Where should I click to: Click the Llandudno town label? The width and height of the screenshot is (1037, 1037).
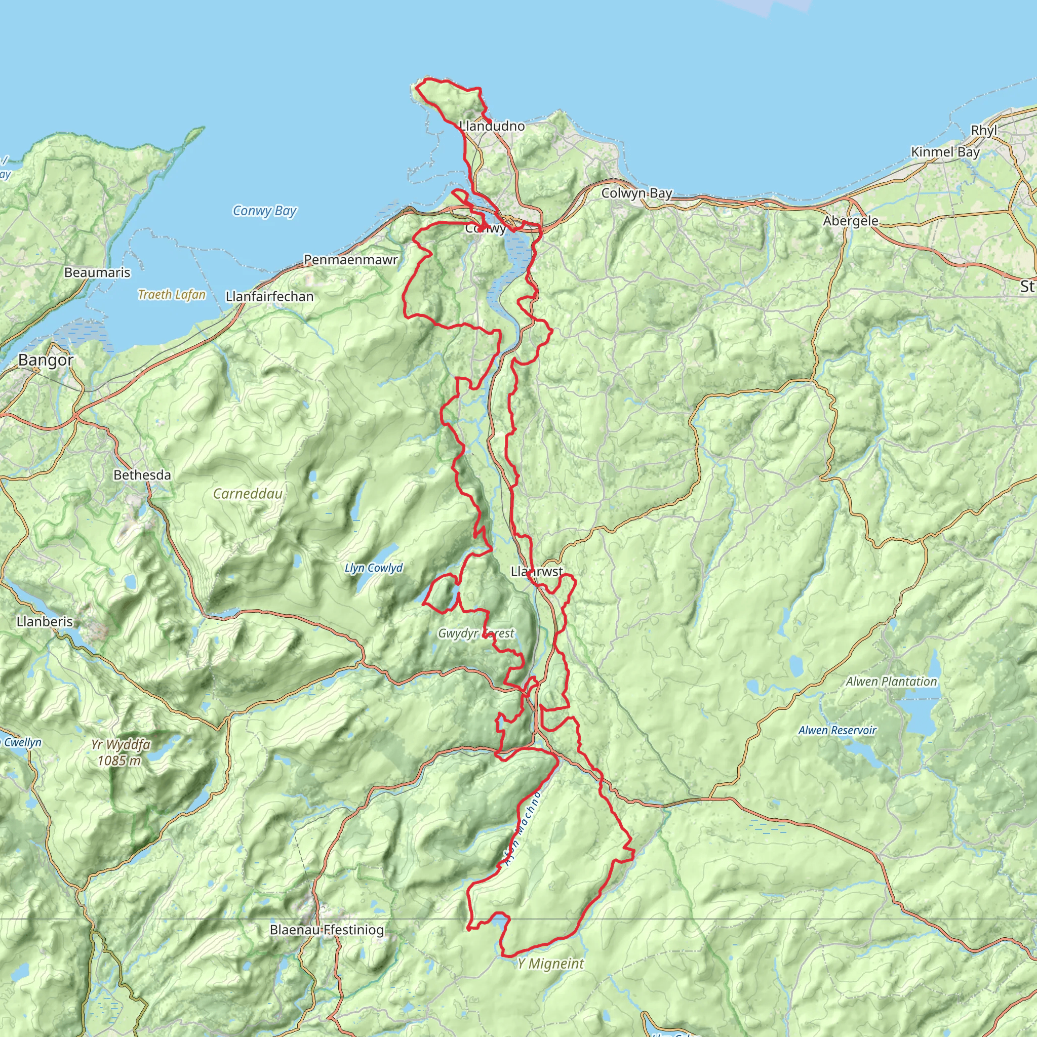492,126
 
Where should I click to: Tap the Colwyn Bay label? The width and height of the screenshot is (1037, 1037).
636,193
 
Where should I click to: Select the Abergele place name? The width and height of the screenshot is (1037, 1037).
851,221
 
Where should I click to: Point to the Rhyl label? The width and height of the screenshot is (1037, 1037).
984,131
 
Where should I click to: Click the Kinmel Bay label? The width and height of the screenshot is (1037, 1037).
945,152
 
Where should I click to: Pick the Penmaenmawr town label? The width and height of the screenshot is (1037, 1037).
350,260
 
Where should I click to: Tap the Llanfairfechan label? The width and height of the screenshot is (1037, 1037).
269,296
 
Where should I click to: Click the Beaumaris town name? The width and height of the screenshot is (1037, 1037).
97,273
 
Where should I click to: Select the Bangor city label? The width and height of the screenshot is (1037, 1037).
46,360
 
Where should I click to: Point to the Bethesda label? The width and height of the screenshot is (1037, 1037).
142,475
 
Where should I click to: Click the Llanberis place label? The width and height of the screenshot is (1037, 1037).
45,622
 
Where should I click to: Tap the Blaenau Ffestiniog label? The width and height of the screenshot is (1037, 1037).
327,930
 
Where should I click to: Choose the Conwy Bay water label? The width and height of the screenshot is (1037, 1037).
264,211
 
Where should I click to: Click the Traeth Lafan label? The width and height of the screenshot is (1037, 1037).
172,295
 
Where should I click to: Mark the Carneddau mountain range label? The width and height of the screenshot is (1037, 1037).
248,494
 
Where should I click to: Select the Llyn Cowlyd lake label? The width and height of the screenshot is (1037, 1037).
374,568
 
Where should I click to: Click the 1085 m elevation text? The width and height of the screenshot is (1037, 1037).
119,761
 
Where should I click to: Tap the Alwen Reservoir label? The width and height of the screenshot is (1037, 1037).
837,731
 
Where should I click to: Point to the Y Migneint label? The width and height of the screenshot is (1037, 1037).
550,964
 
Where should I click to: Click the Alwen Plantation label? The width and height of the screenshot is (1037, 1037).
891,682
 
